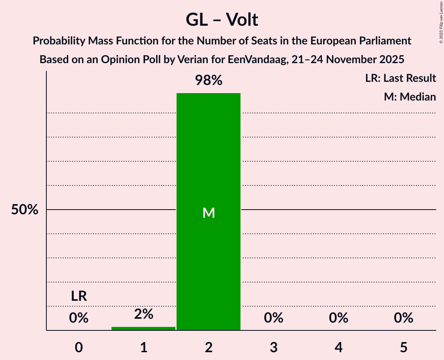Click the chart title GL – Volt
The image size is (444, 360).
click(222, 20)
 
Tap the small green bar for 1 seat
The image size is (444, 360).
click(143, 328)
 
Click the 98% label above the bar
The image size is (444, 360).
click(209, 81)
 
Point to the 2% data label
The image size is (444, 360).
click(143, 314)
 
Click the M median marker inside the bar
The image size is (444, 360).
click(209, 213)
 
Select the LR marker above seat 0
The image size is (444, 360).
click(79, 296)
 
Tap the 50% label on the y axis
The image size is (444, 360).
click(25, 210)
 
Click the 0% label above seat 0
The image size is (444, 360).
click(79, 318)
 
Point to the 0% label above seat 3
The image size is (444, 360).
click(274, 318)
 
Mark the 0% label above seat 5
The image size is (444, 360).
click(403, 318)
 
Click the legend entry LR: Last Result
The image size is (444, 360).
click(400, 78)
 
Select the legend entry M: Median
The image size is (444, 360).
click(410, 97)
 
